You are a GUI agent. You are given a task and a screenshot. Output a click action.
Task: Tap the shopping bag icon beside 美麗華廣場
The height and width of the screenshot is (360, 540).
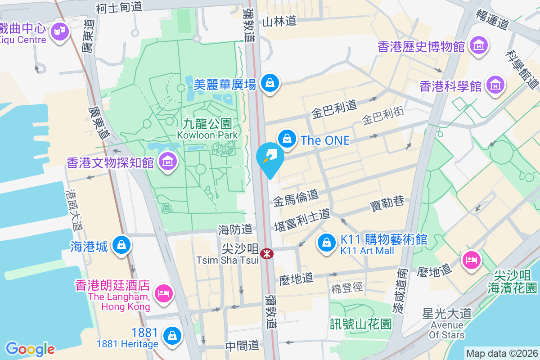point(269,83)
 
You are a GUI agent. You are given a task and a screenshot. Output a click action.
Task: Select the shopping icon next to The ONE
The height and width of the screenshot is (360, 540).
point(287,139)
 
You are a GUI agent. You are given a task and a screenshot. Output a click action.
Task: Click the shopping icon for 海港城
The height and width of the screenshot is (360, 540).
point(121,245)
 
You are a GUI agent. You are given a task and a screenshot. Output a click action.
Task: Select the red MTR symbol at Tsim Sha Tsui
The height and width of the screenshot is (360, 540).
point(266,254)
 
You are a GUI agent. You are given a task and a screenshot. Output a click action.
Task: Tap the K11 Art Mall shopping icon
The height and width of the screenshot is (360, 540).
point(327,243)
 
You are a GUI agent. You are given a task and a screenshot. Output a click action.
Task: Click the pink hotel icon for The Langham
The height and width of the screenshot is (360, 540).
point(162,293)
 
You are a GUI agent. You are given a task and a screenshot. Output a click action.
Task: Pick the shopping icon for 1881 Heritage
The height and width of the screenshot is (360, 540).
point(171,335)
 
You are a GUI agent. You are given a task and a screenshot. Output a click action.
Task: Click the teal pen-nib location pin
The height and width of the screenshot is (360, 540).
point(270,157)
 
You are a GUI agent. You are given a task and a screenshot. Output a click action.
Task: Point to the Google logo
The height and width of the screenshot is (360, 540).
point(30,349)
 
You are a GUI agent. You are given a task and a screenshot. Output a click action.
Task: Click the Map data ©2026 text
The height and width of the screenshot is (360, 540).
point(501,353)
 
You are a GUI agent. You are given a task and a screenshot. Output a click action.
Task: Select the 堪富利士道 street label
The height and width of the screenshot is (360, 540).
point(302,220)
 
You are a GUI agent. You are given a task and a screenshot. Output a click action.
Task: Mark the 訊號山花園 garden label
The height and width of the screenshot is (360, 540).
point(360,323)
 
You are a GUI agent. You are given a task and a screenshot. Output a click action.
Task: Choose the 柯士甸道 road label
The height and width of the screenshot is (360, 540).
point(119,7)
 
